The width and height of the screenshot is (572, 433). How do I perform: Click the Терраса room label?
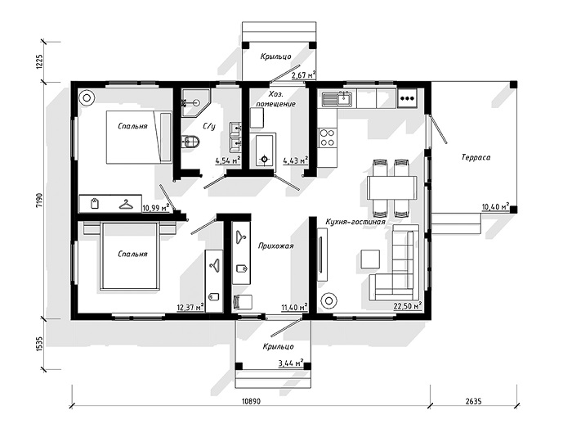[476, 158]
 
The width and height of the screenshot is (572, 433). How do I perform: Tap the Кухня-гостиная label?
[355, 222]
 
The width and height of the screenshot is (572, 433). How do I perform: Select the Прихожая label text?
[276, 246]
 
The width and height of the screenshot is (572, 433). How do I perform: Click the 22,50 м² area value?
[408, 305]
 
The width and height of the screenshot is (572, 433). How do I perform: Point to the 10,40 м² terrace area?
[495, 207]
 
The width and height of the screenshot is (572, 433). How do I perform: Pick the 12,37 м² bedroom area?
[190, 308]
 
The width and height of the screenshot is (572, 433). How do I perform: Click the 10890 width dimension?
[251, 401]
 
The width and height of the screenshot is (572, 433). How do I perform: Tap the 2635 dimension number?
[473, 401]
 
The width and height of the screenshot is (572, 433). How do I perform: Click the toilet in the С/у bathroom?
[190, 142]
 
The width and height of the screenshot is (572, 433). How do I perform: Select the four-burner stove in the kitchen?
[327, 138]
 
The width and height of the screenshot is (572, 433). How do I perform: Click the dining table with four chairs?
[391, 187]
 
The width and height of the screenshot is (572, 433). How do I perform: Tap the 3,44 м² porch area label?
[291, 363]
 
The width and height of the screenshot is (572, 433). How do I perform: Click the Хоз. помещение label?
[276, 99]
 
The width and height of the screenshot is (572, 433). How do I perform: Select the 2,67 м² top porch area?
[303, 75]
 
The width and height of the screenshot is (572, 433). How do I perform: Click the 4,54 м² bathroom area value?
[228, 160]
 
